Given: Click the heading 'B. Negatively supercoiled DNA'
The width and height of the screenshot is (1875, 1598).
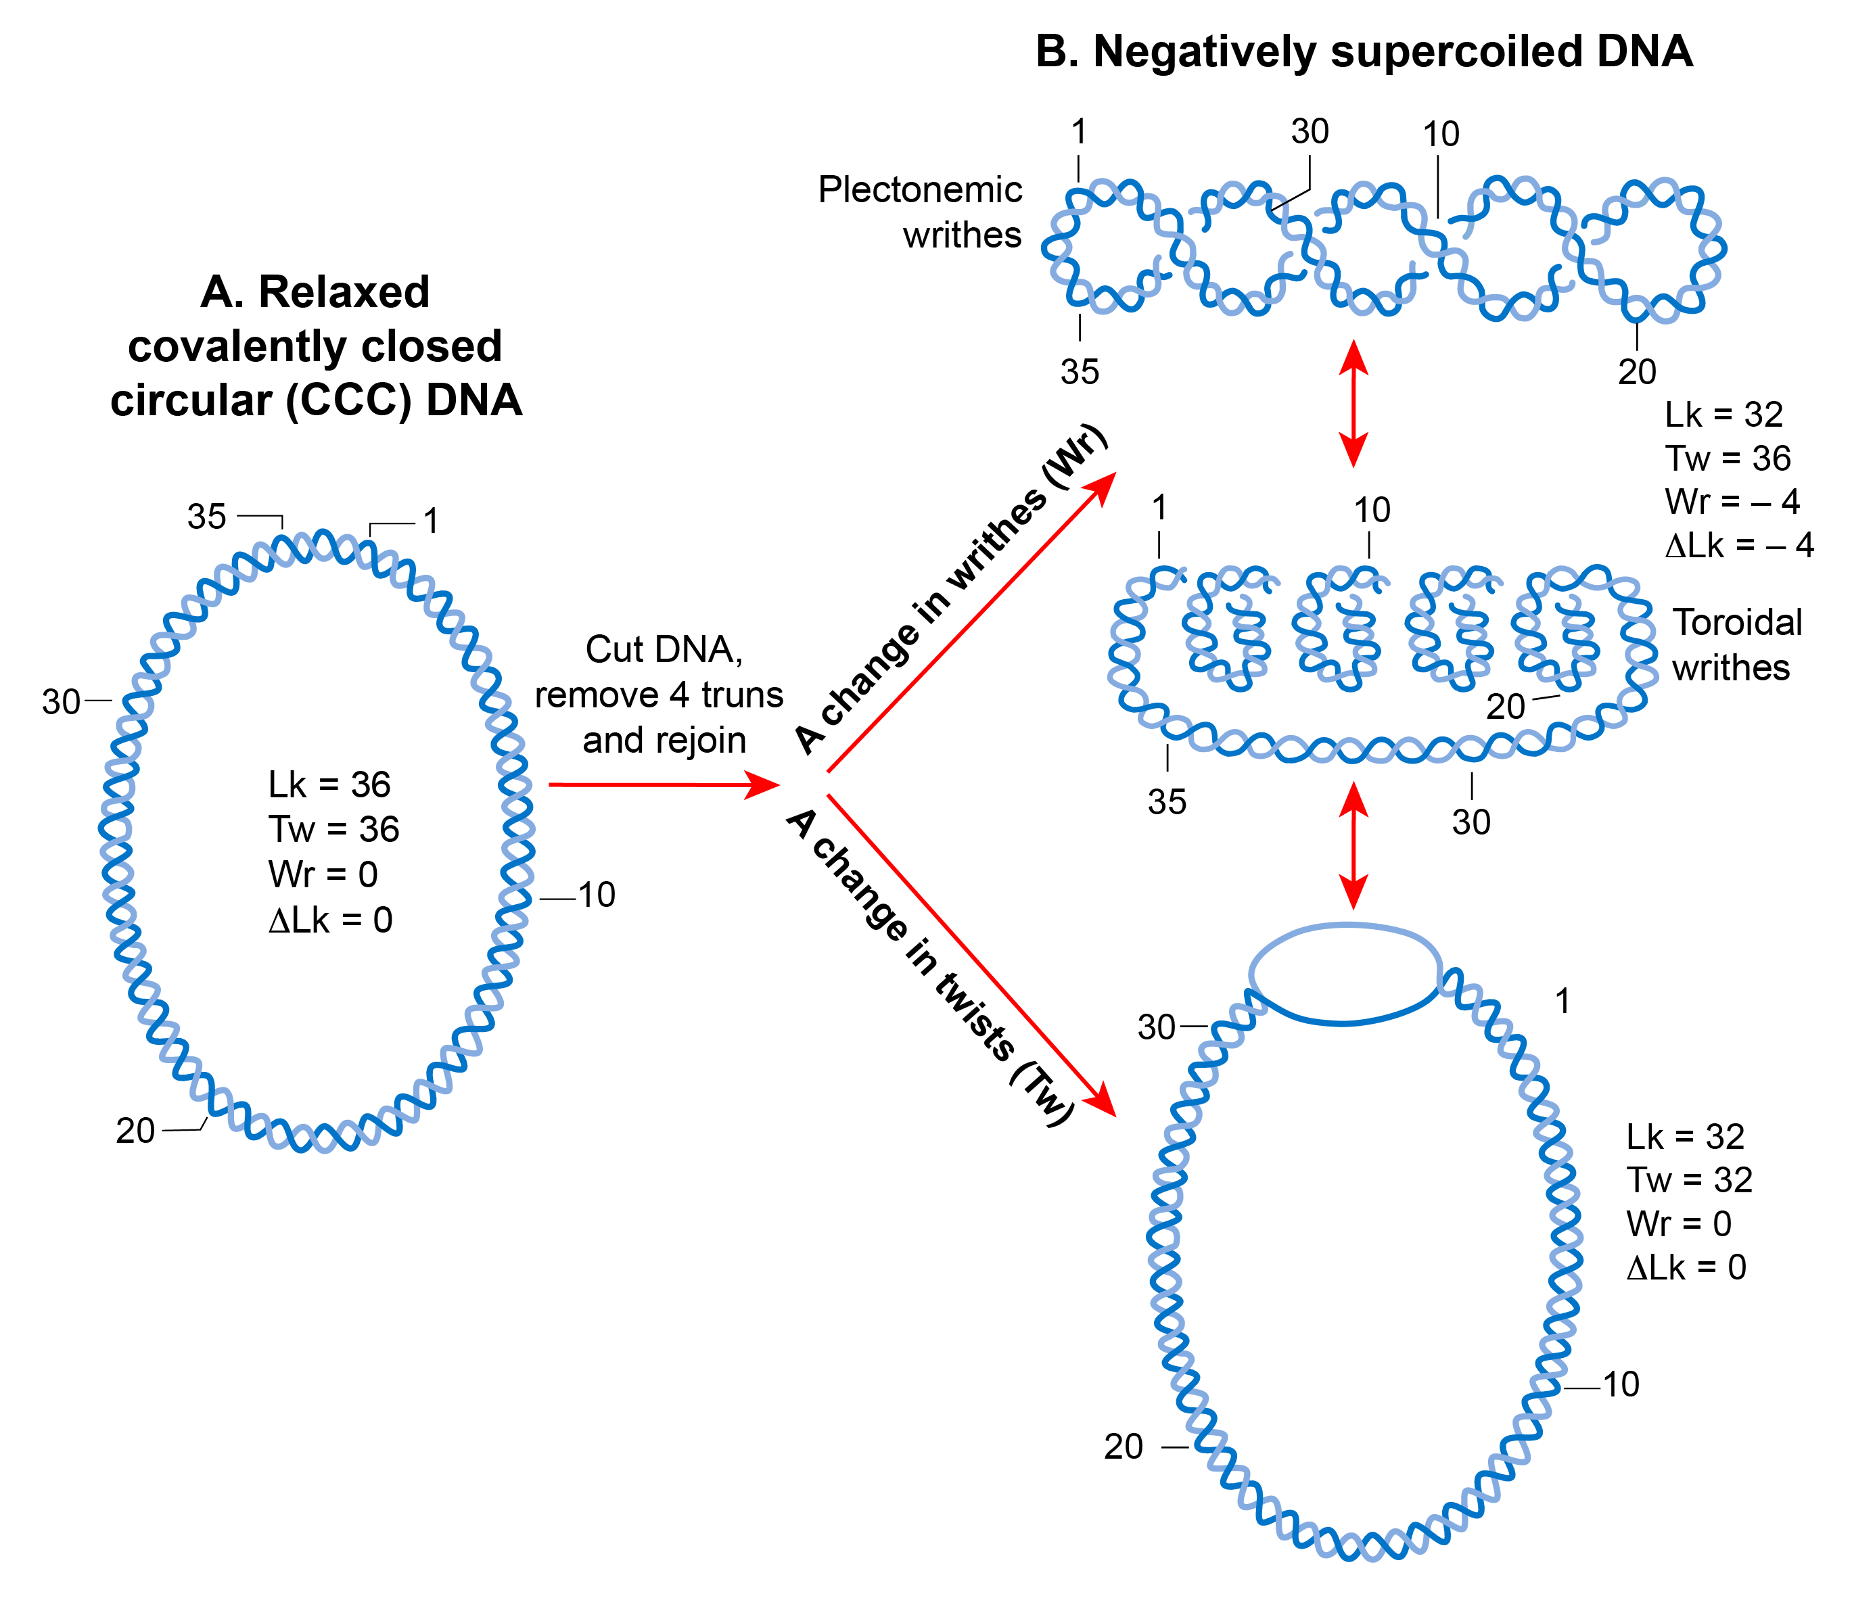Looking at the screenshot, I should coord(1363,51).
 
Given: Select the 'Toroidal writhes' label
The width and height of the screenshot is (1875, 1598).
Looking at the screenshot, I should coord(1736,644).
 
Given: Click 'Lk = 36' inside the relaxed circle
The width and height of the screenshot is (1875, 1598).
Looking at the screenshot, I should coord(329,784).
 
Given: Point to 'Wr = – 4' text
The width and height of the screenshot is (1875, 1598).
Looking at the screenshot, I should coord(1731,501).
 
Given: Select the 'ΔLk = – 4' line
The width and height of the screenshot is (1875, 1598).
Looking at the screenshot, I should coord(1738,545).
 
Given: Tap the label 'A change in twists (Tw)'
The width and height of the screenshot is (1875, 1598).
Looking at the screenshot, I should coord(932,966).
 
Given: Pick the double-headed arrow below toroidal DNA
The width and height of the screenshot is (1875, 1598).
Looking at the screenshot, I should coord(1353,844).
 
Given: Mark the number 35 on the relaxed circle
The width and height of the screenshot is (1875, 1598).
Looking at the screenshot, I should coord(206,517).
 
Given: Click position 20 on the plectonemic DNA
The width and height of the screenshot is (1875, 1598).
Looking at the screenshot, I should coord(1636,371).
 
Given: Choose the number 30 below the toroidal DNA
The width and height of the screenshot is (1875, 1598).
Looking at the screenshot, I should coord(1471,822).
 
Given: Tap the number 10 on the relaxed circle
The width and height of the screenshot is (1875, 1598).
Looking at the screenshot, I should coord(597,895).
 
